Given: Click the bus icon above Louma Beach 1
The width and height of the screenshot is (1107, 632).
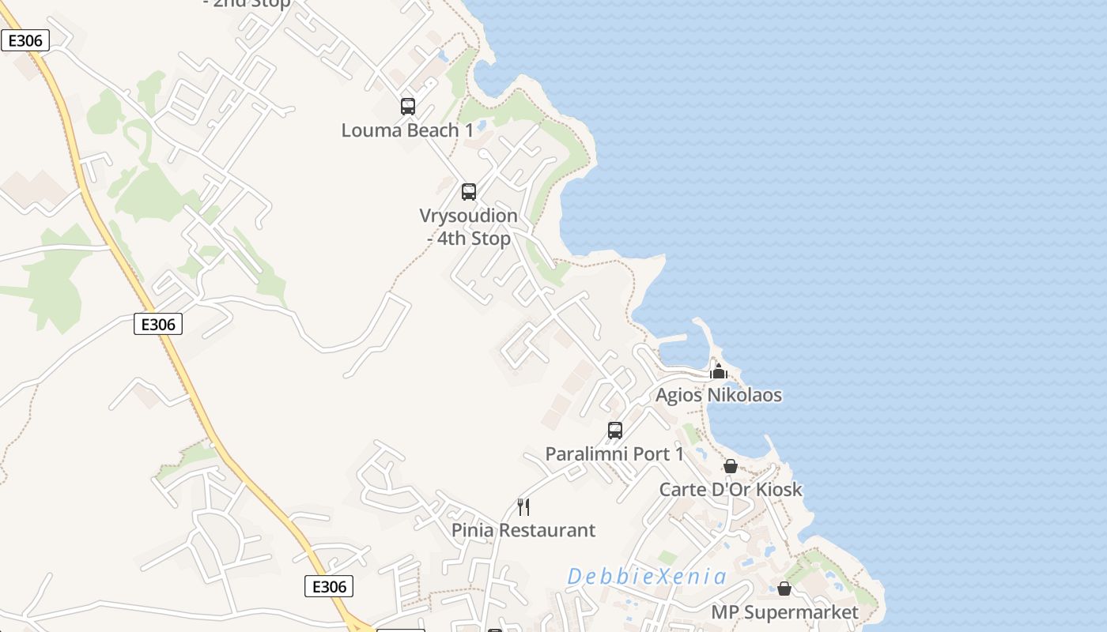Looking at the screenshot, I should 408,106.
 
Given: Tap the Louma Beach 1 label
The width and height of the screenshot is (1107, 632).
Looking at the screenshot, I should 407,130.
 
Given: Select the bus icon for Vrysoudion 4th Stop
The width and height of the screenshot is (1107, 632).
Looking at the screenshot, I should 469,191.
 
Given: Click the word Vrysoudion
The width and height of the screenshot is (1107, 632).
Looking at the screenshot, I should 468,216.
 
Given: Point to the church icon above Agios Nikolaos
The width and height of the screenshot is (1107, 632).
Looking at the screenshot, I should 718,371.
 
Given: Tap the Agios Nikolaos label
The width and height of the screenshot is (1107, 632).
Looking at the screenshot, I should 719,395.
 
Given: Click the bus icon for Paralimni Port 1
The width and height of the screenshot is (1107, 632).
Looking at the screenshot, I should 615,430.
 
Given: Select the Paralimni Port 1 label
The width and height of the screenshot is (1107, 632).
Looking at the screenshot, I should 614,454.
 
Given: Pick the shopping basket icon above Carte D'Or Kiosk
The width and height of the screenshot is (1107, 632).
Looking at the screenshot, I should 731,466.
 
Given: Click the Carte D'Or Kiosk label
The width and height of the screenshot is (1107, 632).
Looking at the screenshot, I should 731,490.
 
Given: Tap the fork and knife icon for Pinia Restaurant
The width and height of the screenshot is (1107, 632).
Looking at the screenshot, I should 523,506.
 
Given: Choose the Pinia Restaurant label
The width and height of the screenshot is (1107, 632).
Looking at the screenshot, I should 523,530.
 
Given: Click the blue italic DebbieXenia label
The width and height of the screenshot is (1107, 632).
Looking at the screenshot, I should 647,577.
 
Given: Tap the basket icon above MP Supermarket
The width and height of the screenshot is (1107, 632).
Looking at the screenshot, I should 784,589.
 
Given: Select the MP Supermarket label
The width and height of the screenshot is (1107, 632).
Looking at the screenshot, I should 784,612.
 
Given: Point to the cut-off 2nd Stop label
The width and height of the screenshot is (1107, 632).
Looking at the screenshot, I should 246,3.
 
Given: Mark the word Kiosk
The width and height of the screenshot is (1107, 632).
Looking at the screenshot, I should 779,490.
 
